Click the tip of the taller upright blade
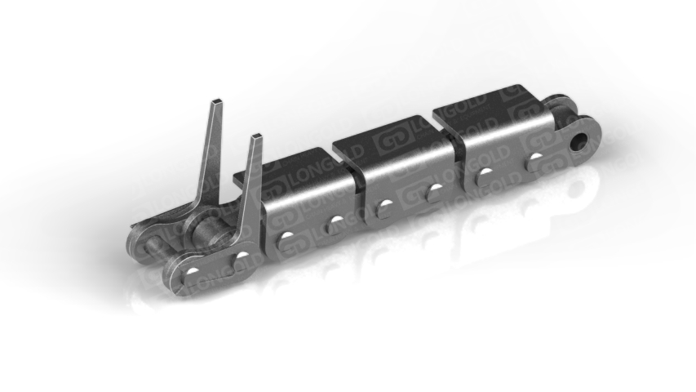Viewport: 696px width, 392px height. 217,101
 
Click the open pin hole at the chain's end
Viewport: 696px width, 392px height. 580,142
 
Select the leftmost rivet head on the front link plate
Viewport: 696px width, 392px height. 193,271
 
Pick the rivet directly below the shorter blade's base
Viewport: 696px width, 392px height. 242,257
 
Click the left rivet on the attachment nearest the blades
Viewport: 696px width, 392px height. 286,237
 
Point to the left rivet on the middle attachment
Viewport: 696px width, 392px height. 383,205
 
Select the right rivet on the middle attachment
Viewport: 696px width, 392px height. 433,189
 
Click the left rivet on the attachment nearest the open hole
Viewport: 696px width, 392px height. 484,173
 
